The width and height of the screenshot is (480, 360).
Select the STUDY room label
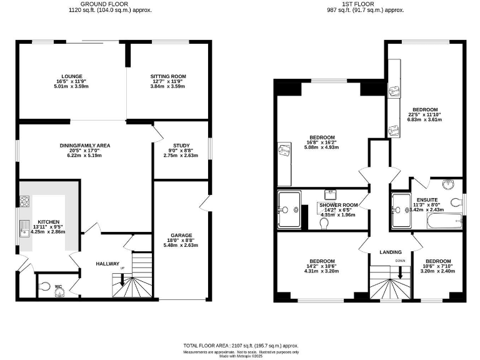click(180, 145)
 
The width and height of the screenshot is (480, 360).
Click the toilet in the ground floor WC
click(44, 287)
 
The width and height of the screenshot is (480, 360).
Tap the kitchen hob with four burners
click(25, 201)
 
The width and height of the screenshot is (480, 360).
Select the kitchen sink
click(25, 227)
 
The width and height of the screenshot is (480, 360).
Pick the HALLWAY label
click(107, 264)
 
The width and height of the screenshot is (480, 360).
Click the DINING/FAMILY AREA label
click(85, 145)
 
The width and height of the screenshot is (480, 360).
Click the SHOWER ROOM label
click(338, 205)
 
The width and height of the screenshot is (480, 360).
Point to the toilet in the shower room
click(324, 222)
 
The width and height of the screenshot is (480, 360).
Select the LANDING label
click(390, 252)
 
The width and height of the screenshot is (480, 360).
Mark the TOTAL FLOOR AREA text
click(240, 346)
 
